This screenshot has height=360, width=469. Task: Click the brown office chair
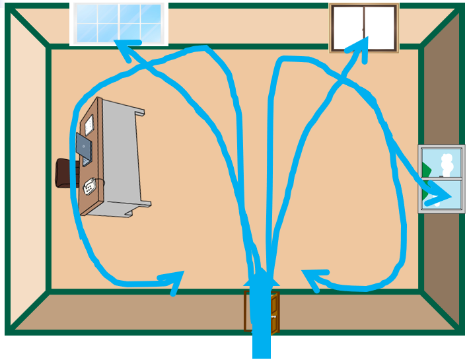[x=65, y=173]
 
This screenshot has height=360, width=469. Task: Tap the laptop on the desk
[x=84, y=149]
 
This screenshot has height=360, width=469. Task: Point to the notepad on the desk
[x=89, y=124]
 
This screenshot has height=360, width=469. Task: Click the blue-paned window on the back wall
[x=119, y=23]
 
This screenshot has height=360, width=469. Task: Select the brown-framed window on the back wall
[x=364, y=28]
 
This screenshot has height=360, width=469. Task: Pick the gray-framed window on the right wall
[x=441, y=178]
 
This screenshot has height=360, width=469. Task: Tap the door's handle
[x=273, y=316]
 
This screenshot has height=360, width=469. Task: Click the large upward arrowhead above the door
[x=262, y=277]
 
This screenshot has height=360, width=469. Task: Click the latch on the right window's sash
[x=441, y=177]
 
